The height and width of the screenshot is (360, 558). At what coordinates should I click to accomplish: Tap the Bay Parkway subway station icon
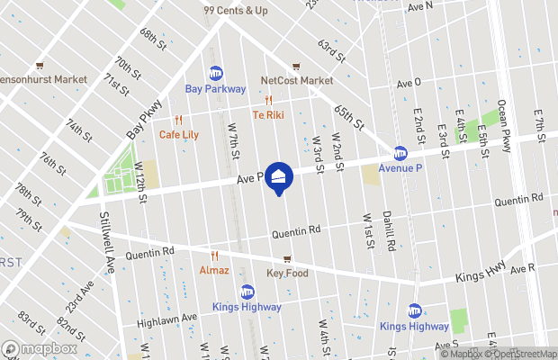(x=216, y=73)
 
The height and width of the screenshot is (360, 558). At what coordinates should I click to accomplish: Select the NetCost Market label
(x=297, y=80)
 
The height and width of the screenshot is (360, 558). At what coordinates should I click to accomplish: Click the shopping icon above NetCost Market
(x=296, y=67)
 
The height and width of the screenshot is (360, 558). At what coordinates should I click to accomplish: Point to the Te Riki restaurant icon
(x=268, y=100)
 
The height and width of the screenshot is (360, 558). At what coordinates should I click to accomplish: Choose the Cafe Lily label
(x=179, y=134)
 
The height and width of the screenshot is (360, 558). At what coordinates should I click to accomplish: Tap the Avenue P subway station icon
(x=400, y=152)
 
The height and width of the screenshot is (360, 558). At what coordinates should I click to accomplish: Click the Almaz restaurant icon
(x=214, y=256)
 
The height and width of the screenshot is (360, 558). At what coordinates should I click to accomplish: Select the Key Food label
(x=287, y=273)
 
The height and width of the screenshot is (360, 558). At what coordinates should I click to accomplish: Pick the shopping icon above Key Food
(x=287, y=259)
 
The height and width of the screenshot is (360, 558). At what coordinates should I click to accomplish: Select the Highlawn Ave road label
(x=166, y=319)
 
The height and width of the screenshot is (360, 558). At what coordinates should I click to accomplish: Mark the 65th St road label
(x=346, y=114)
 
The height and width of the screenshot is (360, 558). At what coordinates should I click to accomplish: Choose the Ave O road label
(x=409, y=82)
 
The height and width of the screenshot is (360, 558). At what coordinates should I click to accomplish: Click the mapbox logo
(x=40, y=348)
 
